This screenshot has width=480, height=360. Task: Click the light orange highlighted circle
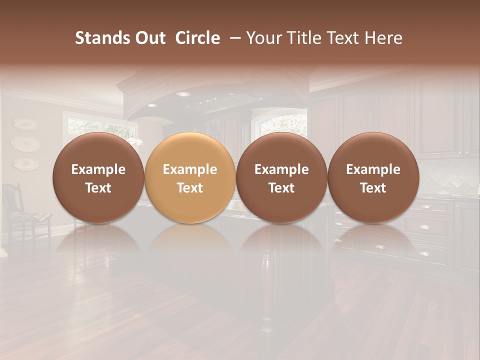[x=190, y=177]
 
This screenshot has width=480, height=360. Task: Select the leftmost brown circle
[x=98, y=177]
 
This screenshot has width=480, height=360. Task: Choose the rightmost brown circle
[x=373, y=177]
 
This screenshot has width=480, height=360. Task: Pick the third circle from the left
[x=281, y=177]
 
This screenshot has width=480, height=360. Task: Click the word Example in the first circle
[x=98, y=169]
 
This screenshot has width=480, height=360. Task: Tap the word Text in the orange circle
[x=190, y=188]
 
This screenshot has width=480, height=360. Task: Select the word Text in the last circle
[x=373, y=188]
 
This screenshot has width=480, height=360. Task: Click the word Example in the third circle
[x=281, y=169]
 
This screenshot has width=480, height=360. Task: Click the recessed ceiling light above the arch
[x=183, y=94]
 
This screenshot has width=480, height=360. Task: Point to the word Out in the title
[x=149, y=38]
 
